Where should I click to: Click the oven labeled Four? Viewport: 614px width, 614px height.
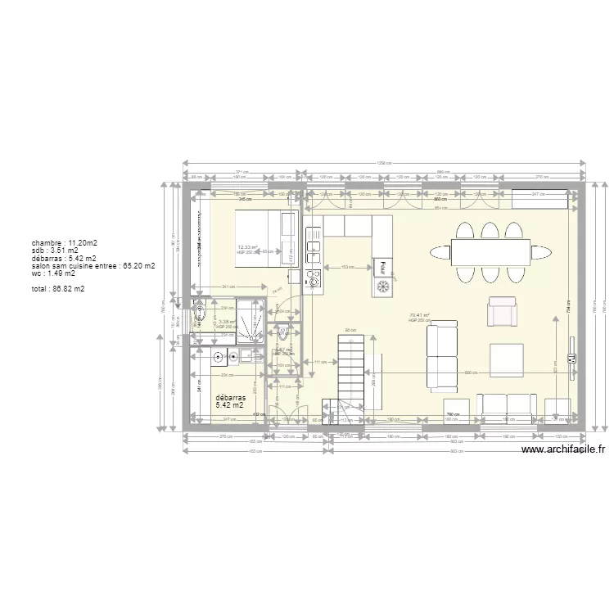click(382, 267)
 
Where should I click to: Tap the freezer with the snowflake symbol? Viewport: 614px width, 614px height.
click(382, 286)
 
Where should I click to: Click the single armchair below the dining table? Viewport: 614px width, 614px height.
click(503, 312)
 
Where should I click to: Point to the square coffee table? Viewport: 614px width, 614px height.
click(506, 359)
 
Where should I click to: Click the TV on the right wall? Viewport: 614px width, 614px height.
click(572, 359)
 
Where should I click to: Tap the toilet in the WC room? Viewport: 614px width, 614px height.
click(282, 333)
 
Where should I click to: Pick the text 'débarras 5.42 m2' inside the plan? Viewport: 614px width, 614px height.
click(229, 400)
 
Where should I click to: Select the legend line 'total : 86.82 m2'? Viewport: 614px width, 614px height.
click(57, 289)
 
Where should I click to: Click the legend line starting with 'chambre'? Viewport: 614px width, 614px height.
click(65, 243)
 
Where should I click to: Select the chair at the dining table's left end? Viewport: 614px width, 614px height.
click(439, 252)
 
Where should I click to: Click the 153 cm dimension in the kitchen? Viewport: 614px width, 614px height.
click(348, 268)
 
